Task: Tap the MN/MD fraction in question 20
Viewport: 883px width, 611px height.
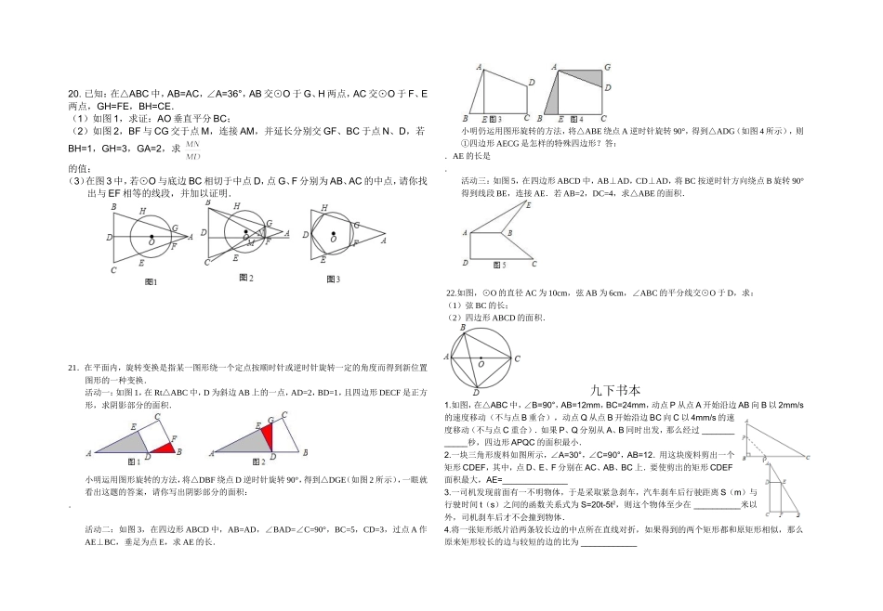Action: point(192,149)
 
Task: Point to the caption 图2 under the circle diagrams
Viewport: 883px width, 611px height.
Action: point(246,279)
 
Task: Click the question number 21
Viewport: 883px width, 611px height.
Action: point(74,369)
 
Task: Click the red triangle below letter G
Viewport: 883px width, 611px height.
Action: point(269,435)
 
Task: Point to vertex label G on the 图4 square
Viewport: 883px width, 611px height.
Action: point(607,67)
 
